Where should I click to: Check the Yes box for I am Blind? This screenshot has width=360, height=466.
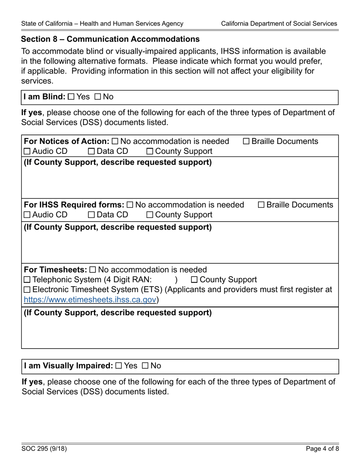[x=71, y=97]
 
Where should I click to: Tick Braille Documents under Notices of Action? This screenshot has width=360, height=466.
[x=246, y=142]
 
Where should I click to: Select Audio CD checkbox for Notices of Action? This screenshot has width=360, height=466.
[x=27, y=152]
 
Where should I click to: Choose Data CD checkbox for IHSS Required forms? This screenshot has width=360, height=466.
[x=92, y=215]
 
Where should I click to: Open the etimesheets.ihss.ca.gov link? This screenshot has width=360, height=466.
[x=90, y=300]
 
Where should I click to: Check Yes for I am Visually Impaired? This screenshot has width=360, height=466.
[x=119, y=366]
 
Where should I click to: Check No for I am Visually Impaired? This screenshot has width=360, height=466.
[x=146, y=366]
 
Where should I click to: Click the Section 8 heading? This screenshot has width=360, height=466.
[x=110, y=39]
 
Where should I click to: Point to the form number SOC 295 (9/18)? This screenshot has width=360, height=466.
[x=44, y=449]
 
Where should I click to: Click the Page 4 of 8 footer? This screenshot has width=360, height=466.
[x=322, y=449]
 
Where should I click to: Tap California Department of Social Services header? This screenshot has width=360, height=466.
[x=279, y=23]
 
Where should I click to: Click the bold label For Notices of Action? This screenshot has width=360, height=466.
[x=67, y=141]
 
